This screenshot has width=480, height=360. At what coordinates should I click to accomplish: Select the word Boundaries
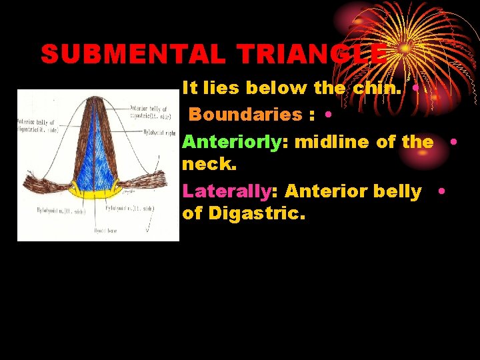246,115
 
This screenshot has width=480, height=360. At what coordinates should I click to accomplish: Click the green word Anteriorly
235,142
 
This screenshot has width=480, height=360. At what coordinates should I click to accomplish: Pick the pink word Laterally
226,191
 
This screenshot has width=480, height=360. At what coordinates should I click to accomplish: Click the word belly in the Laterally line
397,191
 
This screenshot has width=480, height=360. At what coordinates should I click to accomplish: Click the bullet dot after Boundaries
329,115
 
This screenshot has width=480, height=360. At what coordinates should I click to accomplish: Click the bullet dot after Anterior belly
442,191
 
